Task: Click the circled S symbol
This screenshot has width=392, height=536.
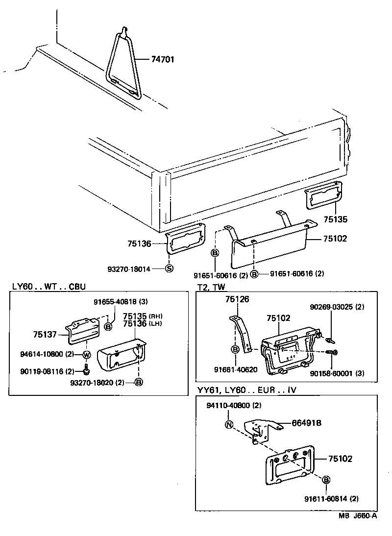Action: coord(169,268)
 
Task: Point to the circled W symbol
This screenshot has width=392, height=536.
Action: coord(86,355)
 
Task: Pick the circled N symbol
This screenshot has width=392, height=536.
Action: coord(229,425)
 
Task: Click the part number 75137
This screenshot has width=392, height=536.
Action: coord(46,335)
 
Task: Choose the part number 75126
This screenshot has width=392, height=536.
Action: coord(238,299)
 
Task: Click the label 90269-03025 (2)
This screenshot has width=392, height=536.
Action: coord(337,307)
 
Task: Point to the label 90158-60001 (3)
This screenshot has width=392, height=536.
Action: coord(337,374)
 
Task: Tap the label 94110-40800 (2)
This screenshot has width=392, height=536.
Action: coord(233,406)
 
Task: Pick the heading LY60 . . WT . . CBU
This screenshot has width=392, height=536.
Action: coord(52,286)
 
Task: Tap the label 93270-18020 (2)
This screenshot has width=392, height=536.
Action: coord(103,382)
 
